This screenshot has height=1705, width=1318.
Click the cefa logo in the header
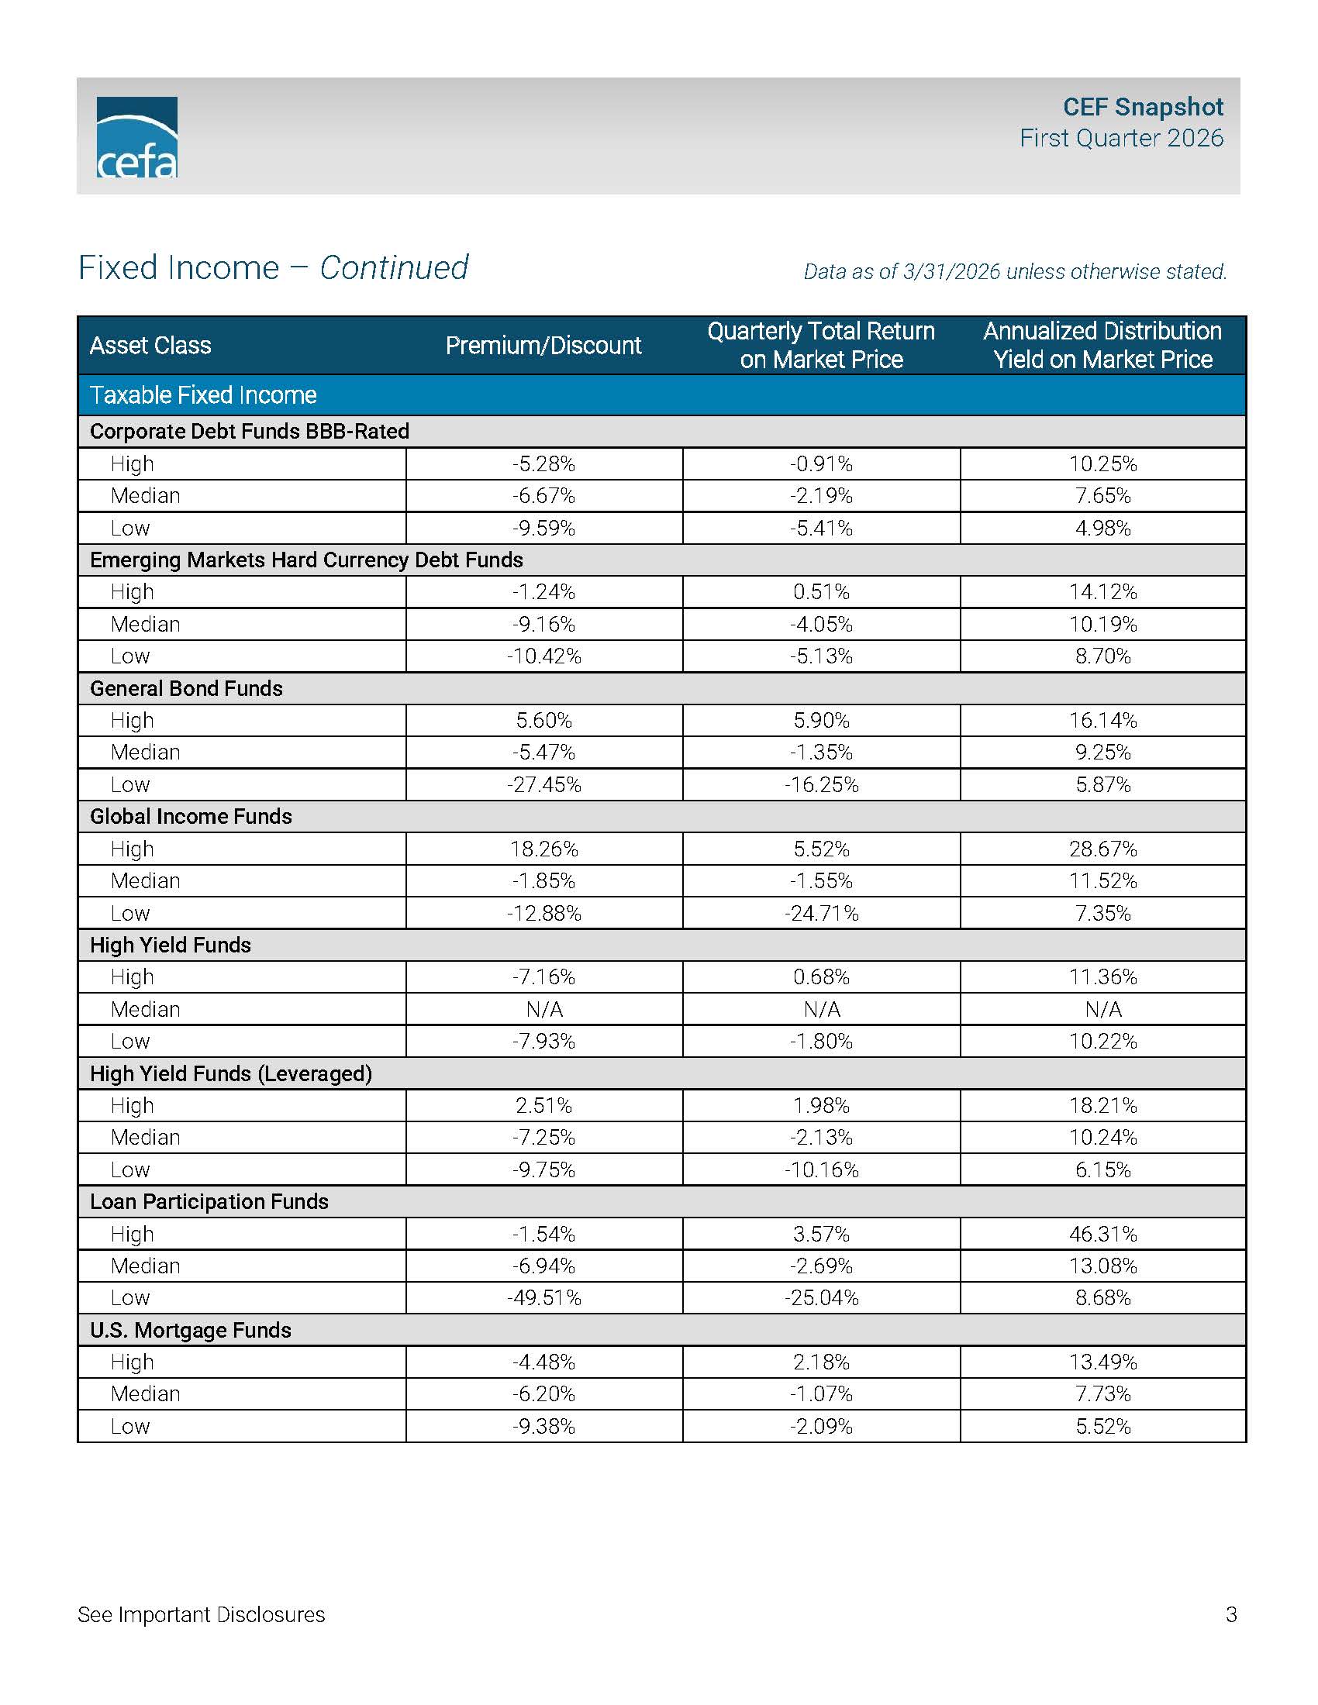point(136,136)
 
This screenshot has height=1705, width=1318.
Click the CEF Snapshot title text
point(1142,106)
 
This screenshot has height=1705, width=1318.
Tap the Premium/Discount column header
point(543,345)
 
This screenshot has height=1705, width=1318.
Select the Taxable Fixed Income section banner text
point(203,395)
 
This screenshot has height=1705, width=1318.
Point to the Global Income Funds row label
point(191,817)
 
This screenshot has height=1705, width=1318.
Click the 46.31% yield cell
point(1102,1235)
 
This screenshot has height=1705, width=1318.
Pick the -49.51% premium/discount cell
point(544,1298)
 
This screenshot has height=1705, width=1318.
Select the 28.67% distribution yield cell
point(1102,849)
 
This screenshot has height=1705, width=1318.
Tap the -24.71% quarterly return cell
point(821,914)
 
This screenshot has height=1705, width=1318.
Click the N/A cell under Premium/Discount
point(544,1009)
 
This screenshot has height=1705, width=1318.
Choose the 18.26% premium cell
point(544,849)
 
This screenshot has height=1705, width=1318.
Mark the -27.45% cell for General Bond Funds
point(544,784)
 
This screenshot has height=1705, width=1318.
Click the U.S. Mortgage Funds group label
point(191,1330)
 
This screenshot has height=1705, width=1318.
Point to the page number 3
point(1231,1614)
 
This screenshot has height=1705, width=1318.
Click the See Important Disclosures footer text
point(201,1614)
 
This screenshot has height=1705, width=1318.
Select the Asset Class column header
point(150,345)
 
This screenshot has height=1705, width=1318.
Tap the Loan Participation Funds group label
point(209,1201)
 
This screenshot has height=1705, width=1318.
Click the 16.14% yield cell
point(1102,721)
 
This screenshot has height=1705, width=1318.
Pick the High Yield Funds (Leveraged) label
point(231,1073)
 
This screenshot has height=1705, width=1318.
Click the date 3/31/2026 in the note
point(951,272)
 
